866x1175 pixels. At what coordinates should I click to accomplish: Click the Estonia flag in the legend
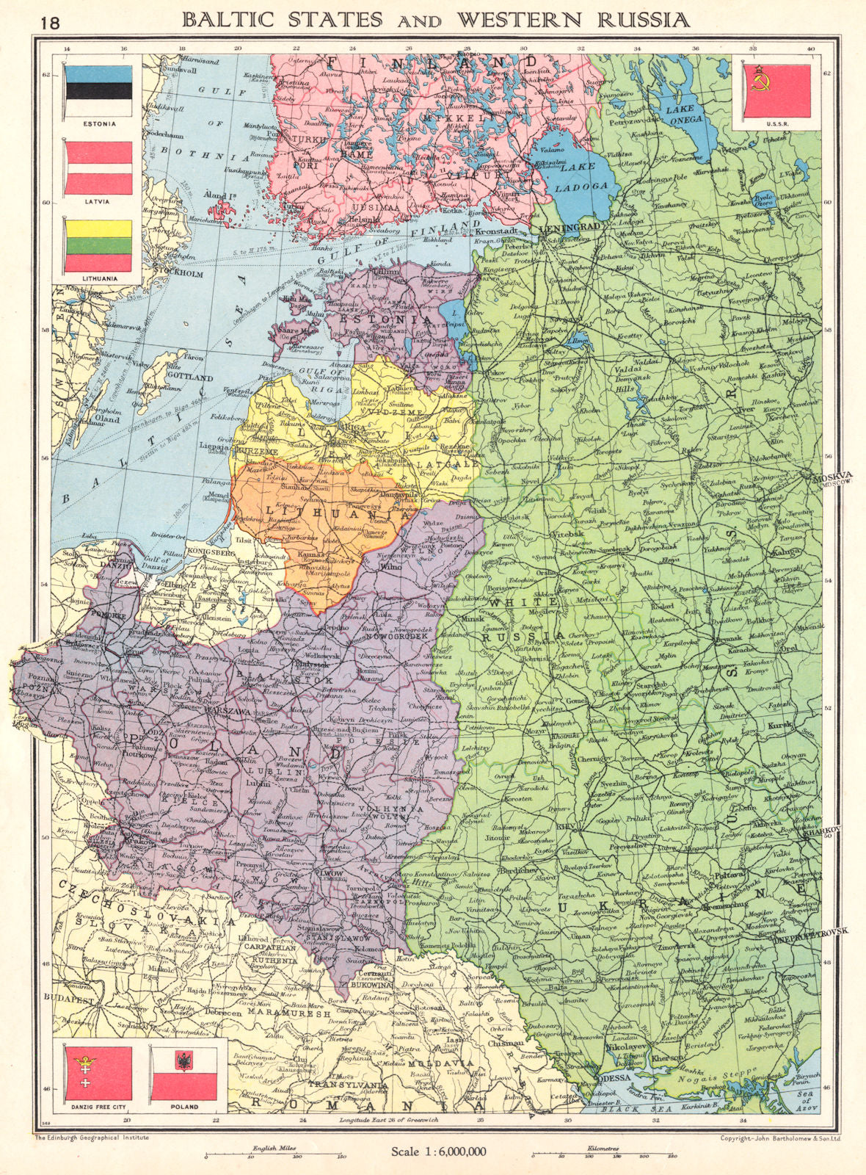click(98, 90)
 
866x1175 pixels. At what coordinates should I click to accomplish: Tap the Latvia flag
click(98, 168)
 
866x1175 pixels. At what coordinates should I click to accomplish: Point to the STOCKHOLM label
click(179, 274)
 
